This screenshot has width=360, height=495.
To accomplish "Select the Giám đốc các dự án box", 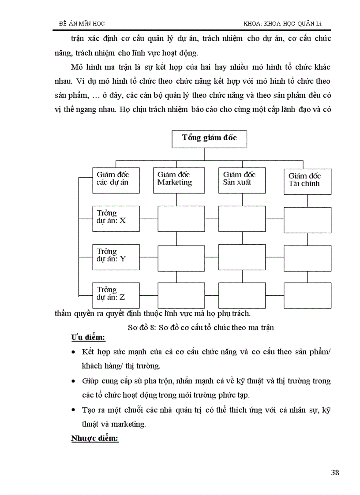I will click(116, 180).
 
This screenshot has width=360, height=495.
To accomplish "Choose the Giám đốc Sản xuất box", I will click(242, 180).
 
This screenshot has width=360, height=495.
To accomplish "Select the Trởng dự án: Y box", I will click(116, 257).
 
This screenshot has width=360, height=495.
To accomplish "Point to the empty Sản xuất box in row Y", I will click(242, 257).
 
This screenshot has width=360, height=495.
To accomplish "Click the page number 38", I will click(335, 473).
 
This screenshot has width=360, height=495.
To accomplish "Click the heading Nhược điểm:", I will click(94, 439).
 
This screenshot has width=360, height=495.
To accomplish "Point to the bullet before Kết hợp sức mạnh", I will click(73, 353).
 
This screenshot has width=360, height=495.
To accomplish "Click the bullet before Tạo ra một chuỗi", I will click(73, 410).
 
